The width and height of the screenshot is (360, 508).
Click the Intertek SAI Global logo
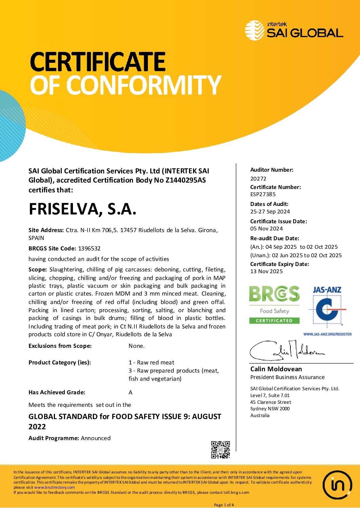(294, 30)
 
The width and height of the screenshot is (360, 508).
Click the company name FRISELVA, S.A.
(82, 209)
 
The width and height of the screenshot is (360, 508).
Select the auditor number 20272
(258, 178)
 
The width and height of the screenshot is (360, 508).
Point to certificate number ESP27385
(263, 194)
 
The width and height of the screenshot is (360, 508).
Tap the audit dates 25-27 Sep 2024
(270, 212)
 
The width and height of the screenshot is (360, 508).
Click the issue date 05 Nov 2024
(266, 229)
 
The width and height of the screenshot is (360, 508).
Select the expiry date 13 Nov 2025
(266, 271)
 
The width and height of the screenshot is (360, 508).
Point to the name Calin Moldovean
(276, 369)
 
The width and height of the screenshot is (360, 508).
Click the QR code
(221, 450)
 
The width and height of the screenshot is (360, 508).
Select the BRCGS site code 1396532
(89, 248)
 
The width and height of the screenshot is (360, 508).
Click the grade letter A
(131, 393)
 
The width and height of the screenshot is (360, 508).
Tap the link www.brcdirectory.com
(54, 487)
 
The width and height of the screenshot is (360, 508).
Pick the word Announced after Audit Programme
(96, 438)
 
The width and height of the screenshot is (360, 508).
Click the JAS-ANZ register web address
(327, 334)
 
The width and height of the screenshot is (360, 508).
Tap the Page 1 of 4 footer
(224, 505)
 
